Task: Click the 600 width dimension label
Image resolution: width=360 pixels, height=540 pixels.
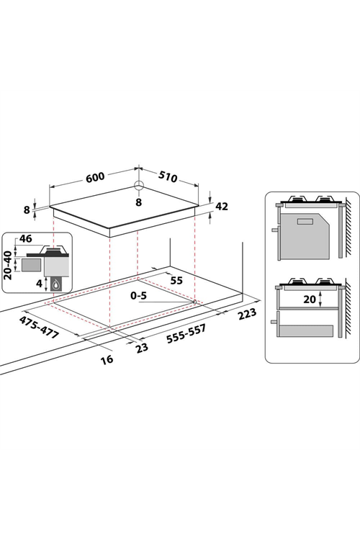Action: point(95,177)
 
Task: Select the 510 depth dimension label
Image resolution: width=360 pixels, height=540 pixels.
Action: point(168,176)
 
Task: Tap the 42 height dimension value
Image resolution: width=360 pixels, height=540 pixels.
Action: point(222,207)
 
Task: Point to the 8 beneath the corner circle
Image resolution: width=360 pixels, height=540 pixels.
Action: point(138,202)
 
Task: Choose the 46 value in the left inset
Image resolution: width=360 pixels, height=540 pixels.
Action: point(25,238)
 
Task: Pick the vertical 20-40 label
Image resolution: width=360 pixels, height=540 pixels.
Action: point(8,265)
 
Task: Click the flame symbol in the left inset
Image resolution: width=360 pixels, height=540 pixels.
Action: point(56,286)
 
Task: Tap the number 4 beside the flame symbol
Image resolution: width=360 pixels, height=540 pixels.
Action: point(40,284)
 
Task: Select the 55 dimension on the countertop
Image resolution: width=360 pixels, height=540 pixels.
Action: point(176,281)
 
